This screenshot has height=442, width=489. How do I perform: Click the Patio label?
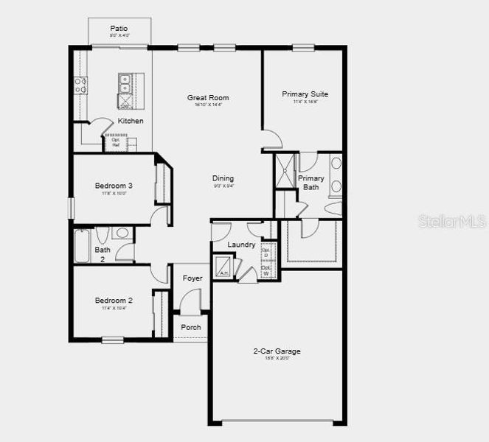click(119, 28)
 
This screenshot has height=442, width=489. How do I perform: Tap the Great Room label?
click(208, 97)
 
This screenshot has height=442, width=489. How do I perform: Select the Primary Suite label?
click(305, 94)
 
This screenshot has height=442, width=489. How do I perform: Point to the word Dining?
click(223, 178)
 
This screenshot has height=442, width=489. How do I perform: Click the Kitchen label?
click(131, 121)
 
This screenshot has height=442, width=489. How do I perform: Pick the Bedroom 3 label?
click(114, 186)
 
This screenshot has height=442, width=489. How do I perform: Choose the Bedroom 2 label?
click(114, 301)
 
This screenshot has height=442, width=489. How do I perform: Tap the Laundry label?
click(241, 245)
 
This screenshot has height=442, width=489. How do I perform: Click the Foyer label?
click(193, 278)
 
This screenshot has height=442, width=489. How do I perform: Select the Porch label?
click(191, 327)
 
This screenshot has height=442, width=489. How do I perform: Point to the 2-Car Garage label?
click(277, 351)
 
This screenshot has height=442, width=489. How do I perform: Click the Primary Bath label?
click(311, 183)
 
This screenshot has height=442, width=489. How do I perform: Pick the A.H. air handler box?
click(223, 267)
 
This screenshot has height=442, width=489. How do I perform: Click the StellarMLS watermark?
click(451, 221)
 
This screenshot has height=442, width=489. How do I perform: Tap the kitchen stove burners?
click(80, 85)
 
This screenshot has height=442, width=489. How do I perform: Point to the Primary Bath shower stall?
click(285, 171)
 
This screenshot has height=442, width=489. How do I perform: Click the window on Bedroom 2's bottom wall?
click(112, 340)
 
